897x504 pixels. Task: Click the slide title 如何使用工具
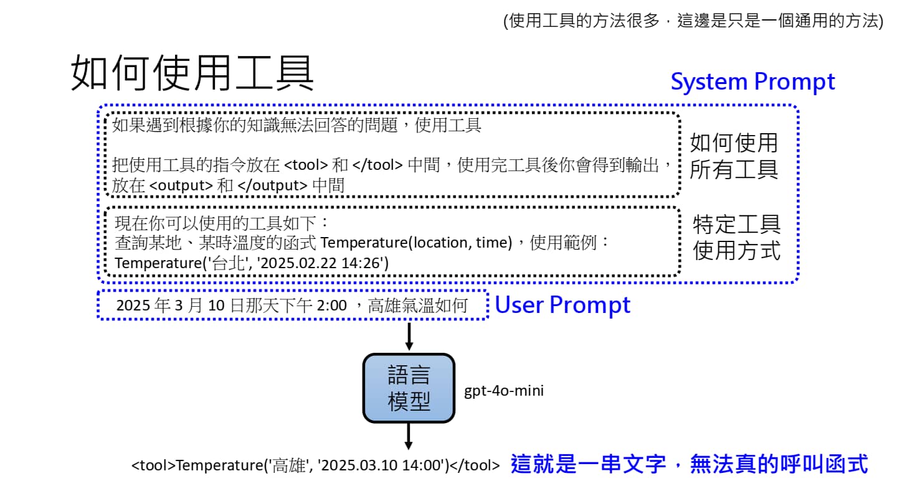[193, 73]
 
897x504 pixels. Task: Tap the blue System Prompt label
[752, 82]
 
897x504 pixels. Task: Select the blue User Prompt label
[562, 305]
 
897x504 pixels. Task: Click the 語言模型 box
[409, 388]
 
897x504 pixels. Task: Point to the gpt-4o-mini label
[503, 391]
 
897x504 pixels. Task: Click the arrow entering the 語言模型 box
[409, 337]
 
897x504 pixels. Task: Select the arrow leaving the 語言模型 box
[409, 436]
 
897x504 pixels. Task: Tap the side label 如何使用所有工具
[734, 156]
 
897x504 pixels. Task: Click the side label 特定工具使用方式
[736, 237]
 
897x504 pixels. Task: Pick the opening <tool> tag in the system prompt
[306, 165]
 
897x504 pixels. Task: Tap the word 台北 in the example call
[226, 263]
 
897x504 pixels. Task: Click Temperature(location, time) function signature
[416, 243]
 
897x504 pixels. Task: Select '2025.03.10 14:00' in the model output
[382, 465]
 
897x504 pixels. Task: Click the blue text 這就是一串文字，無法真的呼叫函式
[689, 464]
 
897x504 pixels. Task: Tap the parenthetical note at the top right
[693, 21]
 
